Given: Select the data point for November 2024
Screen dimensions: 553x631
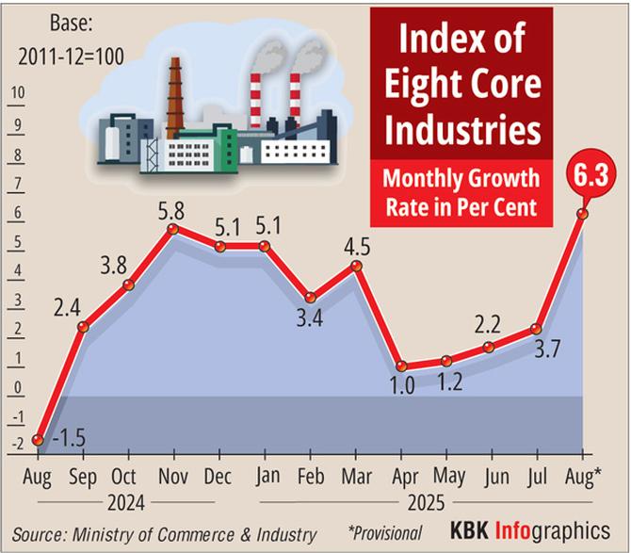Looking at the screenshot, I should coord(173,229).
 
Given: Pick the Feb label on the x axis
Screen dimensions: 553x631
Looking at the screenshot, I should coord(310,475).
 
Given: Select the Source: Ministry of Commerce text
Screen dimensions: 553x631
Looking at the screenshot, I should coord(165,532).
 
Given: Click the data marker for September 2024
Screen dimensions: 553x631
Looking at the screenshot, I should coord(83,327).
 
